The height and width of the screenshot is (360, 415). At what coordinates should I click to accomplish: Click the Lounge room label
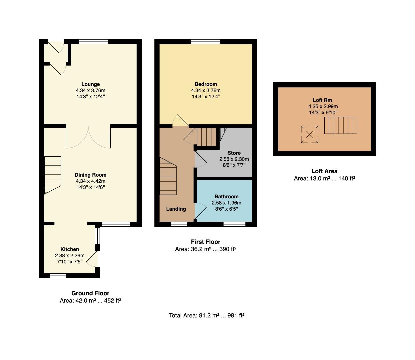coord(90,84)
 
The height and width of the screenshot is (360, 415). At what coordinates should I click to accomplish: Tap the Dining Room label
coord(90,175)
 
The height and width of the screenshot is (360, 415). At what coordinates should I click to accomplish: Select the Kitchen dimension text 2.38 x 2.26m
coord(70,256)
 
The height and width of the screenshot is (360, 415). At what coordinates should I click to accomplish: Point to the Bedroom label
coord(206,84)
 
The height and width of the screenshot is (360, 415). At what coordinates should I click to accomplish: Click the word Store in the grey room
coord(234,153)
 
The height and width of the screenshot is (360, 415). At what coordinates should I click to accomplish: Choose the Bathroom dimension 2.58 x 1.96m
coord(226,203)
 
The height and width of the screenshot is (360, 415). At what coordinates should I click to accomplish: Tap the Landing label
coord(176,209)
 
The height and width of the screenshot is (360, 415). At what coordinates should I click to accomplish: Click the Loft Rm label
coord(322,100)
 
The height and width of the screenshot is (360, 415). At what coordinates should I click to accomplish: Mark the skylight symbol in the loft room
coord(310,134)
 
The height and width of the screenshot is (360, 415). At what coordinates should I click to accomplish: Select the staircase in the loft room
coord(341,125)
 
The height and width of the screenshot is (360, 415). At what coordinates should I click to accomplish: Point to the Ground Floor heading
coord(90,293)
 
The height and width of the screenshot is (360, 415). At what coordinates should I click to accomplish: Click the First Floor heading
coord(206,242)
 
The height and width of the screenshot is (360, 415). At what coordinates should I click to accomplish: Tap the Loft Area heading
coord(324,171)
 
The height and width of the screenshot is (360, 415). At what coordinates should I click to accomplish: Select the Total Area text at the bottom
coord(206,315)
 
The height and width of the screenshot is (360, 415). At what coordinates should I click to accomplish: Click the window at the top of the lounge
coord(94,42)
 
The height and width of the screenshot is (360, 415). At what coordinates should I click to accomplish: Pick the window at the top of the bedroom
coord(205,42)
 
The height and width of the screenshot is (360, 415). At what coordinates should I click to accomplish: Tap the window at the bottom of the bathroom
coord(234,224)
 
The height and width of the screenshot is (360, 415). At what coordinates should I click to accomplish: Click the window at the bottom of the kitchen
coord(58,276)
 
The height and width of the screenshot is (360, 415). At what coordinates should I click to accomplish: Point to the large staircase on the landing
coord(168,176)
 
